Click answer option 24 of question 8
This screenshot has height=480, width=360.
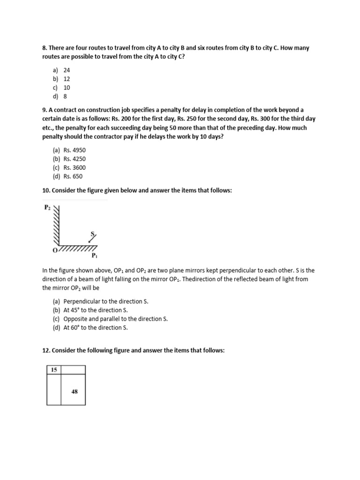click(x=67, y=70)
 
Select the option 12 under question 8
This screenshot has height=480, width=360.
click(x=67, y=79)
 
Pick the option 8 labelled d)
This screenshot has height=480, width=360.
click(x=65, y=97)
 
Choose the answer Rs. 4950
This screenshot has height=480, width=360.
click(x=75, y=150)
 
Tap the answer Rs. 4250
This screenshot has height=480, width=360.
click(x=75, y=159)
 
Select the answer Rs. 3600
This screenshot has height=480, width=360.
click(x=75, y=168)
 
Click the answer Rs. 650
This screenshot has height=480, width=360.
click(x=73, y=177)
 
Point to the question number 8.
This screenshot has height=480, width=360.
click(x=44, y=48)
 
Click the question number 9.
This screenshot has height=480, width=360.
click(x=44, y=110)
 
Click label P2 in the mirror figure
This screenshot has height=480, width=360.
click(x=47, y=207)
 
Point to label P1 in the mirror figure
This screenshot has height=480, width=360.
click(x=94, y=256)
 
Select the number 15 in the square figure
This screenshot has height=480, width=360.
click(x=54, y=370)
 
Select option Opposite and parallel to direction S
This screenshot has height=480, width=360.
click(x=115, y=319)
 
